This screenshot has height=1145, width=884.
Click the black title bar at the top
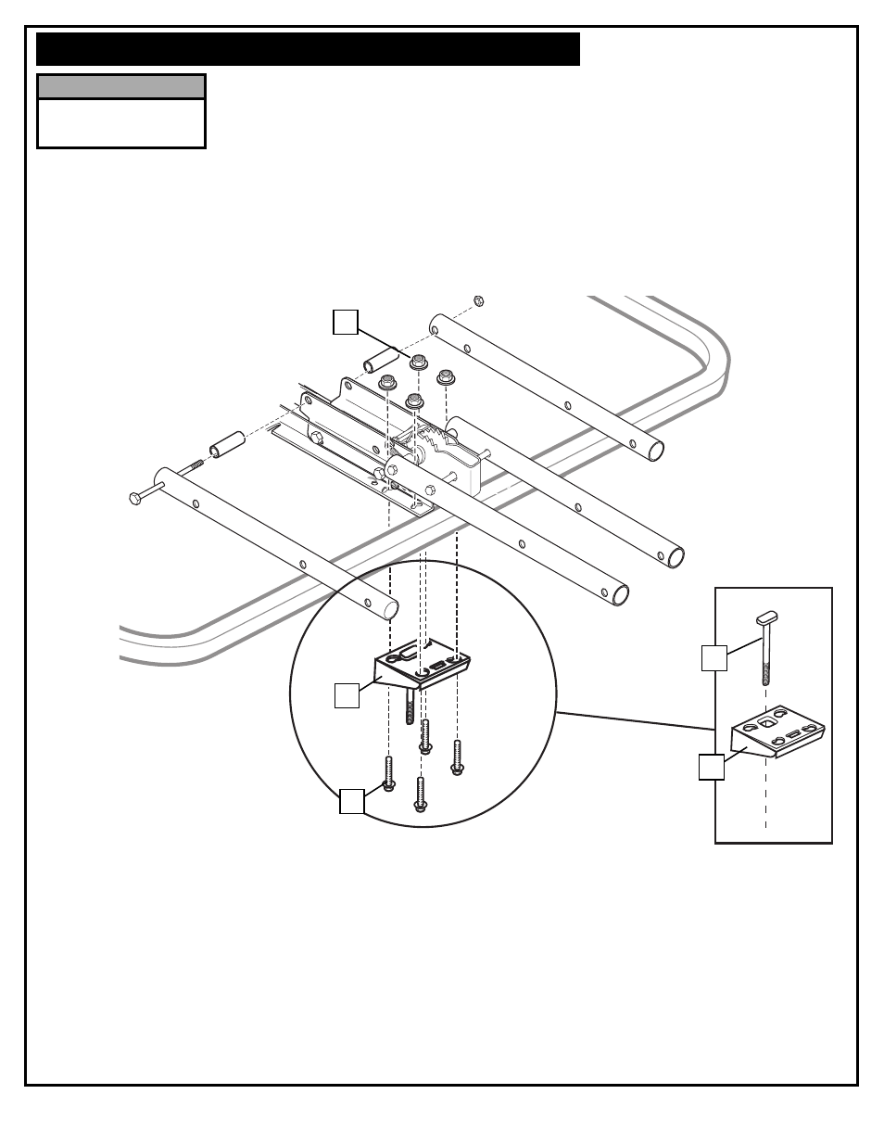tap(308, 49)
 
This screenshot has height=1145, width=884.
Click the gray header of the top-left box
tap(120, 87)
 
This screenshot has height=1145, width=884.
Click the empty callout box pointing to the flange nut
tap(345, 323)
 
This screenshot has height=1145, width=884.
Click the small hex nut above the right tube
tap(479, 300)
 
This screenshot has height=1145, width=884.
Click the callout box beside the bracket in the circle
tap(347, 695)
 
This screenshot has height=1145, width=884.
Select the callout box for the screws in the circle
tap(351, 801)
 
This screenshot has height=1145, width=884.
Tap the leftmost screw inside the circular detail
tap(389, 773)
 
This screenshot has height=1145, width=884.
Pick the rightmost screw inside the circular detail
tap(457, 757)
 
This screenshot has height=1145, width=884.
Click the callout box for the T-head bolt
tap(714, 658)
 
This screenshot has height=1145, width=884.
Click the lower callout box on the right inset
tap(711, 768)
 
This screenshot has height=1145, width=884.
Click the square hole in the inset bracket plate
tap(768, 719)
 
